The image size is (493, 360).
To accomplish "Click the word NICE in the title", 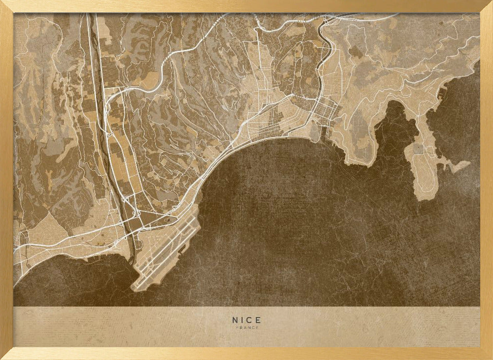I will tap(246, 320).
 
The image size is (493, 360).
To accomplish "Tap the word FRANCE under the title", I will tap(246, 327).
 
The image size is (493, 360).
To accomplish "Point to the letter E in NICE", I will tap(258, 320).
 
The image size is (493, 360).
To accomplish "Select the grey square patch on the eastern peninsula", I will tap(419, 148).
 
